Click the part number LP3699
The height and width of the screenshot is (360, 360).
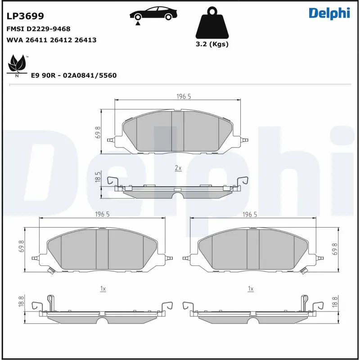point(25,17)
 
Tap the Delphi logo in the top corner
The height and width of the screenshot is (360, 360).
point(329,13)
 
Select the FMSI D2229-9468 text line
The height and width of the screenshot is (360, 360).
point(38,29)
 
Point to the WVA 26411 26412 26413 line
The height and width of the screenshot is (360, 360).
point(51,40)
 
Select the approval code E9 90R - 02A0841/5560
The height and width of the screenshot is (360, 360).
point(74,76)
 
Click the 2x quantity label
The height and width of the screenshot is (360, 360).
point(178,168)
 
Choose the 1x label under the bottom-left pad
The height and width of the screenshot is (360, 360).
point(103,289)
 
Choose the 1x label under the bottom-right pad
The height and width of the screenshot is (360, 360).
point(251,288)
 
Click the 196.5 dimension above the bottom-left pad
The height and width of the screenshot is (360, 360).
point(103,215)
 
